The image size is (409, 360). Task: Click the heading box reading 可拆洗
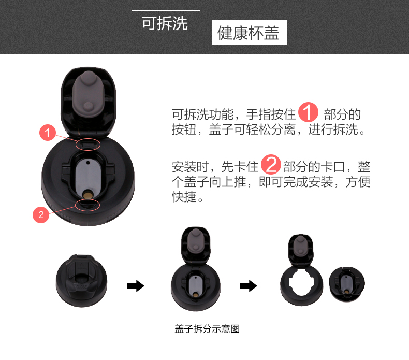tap(166, 23)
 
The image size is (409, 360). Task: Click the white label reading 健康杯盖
tap(249, 32)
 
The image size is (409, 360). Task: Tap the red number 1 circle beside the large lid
tap(48, 133)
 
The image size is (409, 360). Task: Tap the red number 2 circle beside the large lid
tap(41, 214)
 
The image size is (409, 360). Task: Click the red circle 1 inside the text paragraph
tap(308, 112)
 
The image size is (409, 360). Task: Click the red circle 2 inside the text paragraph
tap(271, 165)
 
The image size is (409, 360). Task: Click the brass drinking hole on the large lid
tap(87, 195)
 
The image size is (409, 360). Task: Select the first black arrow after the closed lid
tap(136, 286)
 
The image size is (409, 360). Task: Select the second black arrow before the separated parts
tap(249, 286)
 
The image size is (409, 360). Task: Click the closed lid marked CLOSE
tap(82, 281)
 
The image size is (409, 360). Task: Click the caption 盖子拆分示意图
tap(207, 329)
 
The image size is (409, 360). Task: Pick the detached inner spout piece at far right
tap(347, 284)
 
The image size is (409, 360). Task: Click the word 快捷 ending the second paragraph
tap(184, 197)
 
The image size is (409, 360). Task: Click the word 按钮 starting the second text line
tap(184, 129)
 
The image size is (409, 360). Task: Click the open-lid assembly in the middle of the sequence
tap(196, 269)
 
